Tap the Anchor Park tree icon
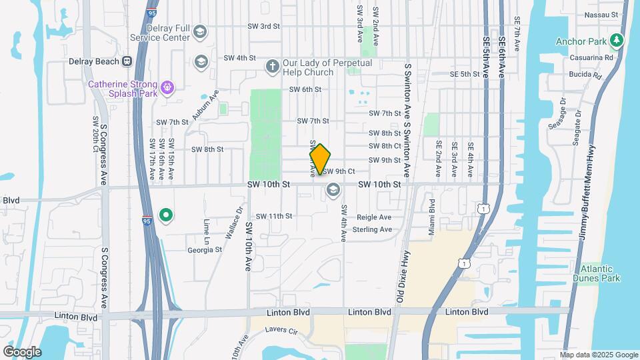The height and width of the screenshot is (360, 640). click(617, 41)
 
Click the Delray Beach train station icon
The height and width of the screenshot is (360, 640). click(126, 61)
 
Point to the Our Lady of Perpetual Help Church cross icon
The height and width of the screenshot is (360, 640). click(271, 66)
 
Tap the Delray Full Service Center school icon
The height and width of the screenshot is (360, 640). click(200, 32)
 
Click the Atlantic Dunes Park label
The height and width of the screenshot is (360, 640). click(596, 273)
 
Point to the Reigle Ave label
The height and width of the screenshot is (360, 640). click(375, 217)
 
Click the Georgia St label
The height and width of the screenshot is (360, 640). click(204, 250)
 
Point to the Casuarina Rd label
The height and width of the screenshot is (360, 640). click(591, 58)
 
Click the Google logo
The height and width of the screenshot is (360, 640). click(22, 351)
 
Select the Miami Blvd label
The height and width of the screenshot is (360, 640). click(432, 212)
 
